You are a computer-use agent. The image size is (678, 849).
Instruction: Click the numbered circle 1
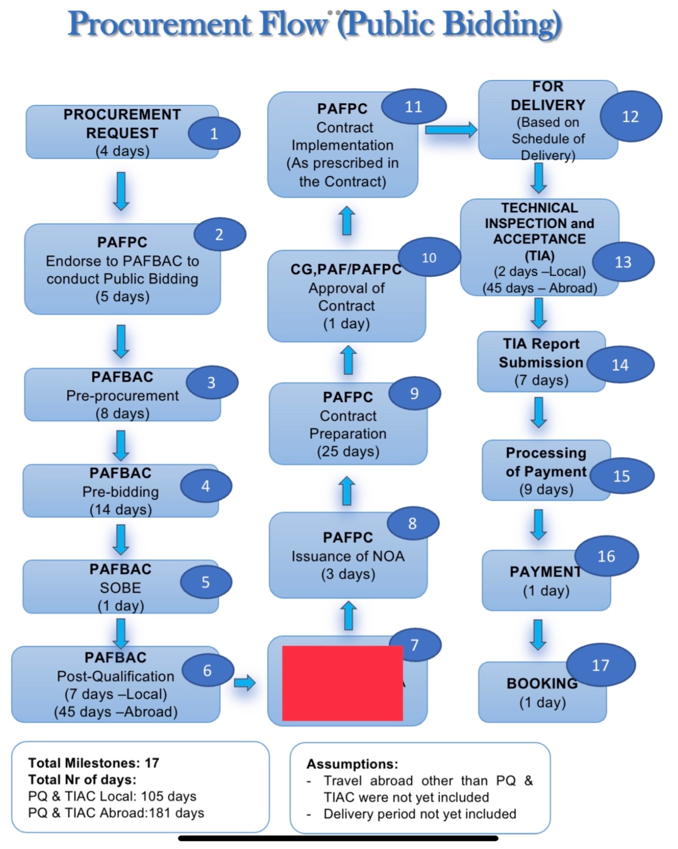tap(214, 133)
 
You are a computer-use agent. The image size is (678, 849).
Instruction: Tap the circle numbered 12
tap(630, 116)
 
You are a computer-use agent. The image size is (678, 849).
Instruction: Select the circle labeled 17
tap(600, 665)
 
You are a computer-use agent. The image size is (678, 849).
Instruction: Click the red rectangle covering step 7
tap(342, 683)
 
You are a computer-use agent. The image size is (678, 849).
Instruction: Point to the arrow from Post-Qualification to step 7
tap(244, 682)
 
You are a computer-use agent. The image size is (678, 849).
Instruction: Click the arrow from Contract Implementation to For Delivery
tap(450, 130)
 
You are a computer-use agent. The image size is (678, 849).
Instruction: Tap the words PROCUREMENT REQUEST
tap(122, 124)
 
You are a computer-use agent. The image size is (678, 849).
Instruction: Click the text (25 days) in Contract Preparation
tap(348, 451)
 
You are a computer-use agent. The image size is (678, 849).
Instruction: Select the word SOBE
tap(120, 587)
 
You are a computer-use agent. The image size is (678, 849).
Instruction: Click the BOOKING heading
tap(542, 683)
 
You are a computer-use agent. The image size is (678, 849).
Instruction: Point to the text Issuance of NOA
tap(348, 556)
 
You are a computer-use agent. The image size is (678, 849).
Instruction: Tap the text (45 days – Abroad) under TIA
tap(540, 288)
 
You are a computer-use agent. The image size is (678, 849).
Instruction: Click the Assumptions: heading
tap(352, 764)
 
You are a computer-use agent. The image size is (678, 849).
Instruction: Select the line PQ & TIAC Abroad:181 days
tap(116, 812)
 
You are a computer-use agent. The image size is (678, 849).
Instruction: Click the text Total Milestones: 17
tap(94, 763)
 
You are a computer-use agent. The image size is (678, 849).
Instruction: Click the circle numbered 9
tap(414, 393)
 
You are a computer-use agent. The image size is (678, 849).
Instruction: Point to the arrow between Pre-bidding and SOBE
tap(121, 539)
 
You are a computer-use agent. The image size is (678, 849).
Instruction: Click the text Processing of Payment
tap(546, 462)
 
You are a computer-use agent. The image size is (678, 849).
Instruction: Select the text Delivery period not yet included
tap(420, 814)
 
